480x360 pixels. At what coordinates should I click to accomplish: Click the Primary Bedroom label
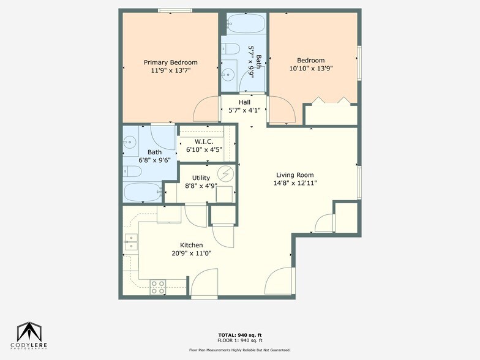point(170,62)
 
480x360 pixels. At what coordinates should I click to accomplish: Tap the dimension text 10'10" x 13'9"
point(311,69)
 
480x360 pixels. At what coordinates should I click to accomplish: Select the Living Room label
point(294,174)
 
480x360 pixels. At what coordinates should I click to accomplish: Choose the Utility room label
point(201,178)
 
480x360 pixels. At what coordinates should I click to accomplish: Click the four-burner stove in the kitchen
point(158,287)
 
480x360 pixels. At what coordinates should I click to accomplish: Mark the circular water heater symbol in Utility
point(226,174)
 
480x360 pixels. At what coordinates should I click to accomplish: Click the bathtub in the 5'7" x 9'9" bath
point(244,24)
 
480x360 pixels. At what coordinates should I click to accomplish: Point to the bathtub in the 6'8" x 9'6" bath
point(142,192)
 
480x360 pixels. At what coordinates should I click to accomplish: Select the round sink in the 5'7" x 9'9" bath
point(228,75)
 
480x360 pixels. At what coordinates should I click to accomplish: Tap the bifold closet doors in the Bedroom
point(331,100)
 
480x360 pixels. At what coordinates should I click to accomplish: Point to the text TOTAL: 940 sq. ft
point(240,335)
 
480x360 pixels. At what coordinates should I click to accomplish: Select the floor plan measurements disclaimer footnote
point(240,350)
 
